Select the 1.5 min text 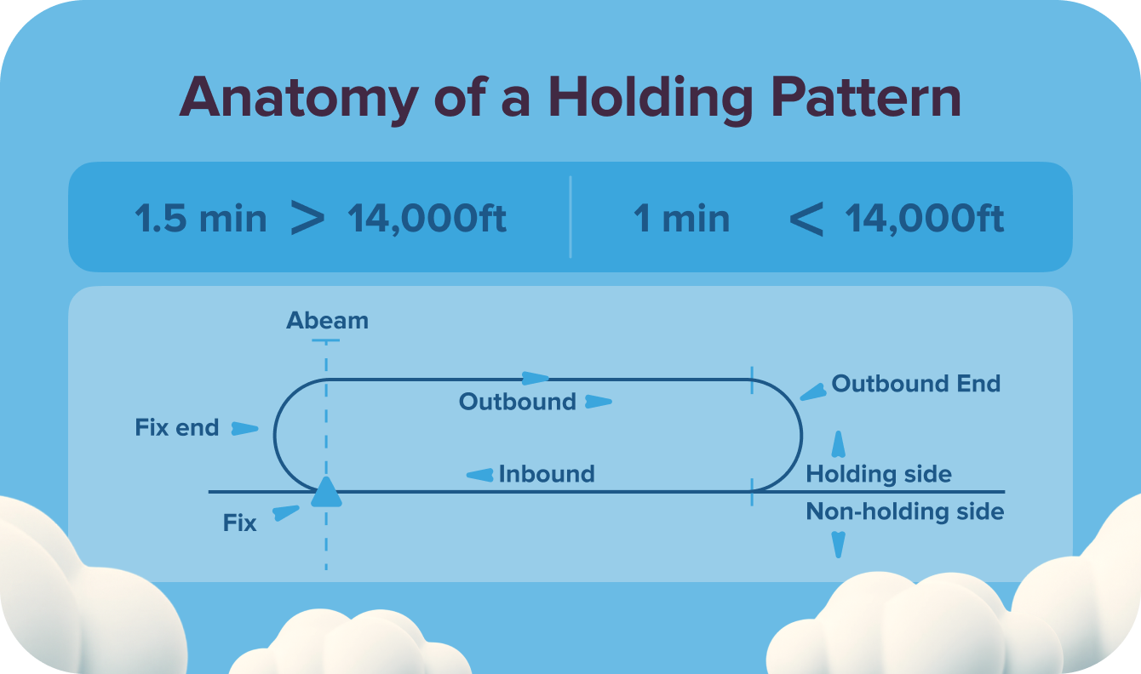(x=201, y=220)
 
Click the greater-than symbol (x=307, y=219)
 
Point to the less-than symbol (x=806, y=220)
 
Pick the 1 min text (x=681, y=220)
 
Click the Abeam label (x=327, y=321)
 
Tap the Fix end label (x=177, y=427)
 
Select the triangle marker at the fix (x=326, y=493)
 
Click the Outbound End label (x=915, y=384)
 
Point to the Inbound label (x=547, y=474)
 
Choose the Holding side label (x=879, y=474)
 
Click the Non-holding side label (x=905, y=511)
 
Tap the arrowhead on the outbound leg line (x=536, y=379)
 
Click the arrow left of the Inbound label (x=481, y=475)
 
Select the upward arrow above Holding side (x=839, y=444)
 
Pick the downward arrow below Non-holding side (x=839, y=544)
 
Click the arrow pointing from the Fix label (x=285, y=512)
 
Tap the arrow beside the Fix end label (x=245, y=428)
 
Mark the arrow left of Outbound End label (x=813, y=391)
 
